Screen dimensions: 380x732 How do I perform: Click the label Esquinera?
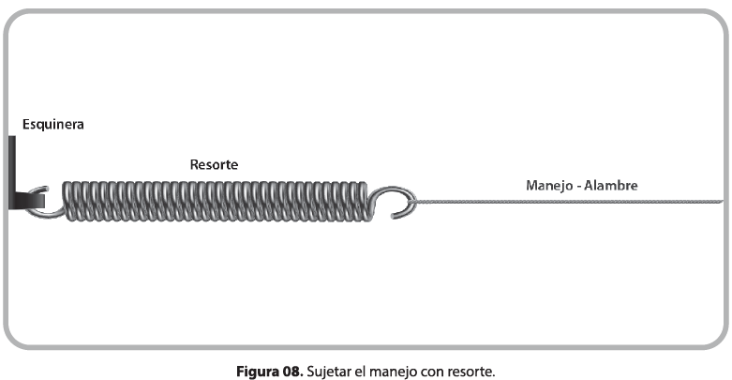53,123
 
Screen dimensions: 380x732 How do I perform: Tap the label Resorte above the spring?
213,164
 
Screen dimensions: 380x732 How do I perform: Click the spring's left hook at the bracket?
39,202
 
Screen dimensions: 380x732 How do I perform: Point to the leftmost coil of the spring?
68,201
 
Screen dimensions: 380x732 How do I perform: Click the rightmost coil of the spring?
361,201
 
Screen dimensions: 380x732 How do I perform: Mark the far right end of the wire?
721,202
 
